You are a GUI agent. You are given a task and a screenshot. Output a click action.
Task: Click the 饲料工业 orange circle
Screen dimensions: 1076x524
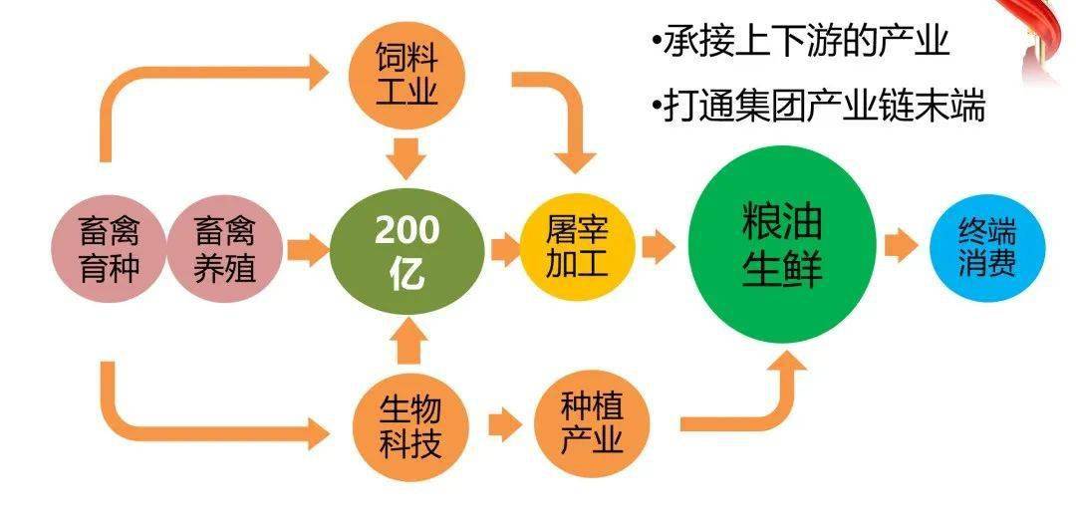[x=406, y=74]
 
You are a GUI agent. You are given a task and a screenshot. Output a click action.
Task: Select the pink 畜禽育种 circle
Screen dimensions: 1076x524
[x=110, y=248]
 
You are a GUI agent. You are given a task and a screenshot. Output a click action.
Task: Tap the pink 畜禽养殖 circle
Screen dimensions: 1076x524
[x=224, y=248]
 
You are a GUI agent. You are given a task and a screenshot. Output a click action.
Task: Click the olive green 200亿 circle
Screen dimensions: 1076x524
[x=406, y=251]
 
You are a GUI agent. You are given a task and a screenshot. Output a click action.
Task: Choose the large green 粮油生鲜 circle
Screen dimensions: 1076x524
[x=782, y=245]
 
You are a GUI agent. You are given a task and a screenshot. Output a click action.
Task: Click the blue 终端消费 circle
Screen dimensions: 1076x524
[x=987, y=248]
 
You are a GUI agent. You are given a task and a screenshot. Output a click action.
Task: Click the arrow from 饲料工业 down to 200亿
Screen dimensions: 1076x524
[x=406, y=158]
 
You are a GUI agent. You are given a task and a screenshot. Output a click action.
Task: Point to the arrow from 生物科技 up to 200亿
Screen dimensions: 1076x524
[x=407, y=343]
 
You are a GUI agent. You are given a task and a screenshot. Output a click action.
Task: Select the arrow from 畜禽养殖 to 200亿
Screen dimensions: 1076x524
[x=308, y=250]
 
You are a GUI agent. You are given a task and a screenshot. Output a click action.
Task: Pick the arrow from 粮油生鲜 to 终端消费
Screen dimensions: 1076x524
[x=901, y=245]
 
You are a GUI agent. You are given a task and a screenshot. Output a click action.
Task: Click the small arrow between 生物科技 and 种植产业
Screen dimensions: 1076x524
[x=505, y=425]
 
